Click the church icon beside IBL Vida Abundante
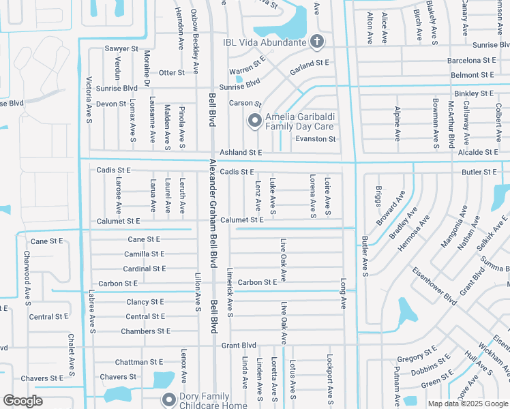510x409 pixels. (x=316, y=42)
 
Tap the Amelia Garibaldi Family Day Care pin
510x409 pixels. (x=255, y=121)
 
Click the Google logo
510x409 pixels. (x=22, y=401)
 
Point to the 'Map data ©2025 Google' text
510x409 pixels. (x=467, y=404)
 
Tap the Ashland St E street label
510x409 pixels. (x=240, y=153)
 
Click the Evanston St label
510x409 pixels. (x=315, y=139)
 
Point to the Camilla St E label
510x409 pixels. (x=145, y=254)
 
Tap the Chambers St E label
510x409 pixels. (x=145, y=331)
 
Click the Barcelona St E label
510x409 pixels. (x=471, y=61)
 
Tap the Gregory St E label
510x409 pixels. (x=417, y=358)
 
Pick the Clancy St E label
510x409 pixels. (x=145, y=302)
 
